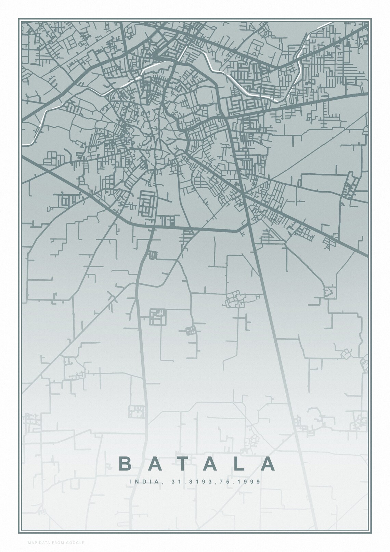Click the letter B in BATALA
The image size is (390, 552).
(x=125, y=464)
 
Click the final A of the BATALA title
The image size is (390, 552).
(x=268, y=464)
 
